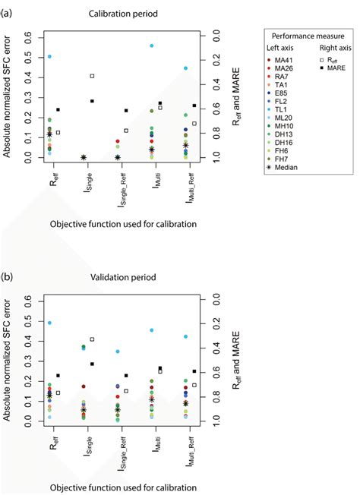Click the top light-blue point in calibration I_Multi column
click(x=152, y=46)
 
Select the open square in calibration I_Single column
click(x=92, y=76)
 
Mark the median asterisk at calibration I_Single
click(x=83, y=157)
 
